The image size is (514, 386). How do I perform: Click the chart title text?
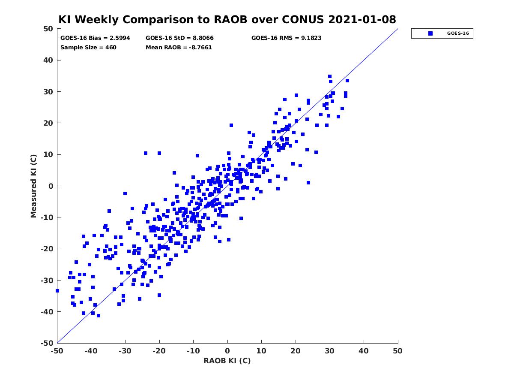pyautogui.click(x=227, y=19)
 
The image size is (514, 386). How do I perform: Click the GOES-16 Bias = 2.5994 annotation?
pyautogui.click(x=95, y=38)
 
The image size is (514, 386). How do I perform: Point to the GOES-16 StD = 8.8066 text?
pyautogui.click(x=179, y=38)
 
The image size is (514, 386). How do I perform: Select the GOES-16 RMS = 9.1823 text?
pyautogui.click(x=286, y=38)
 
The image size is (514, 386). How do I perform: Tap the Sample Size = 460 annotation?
pyautogui.click(x=88, y=47)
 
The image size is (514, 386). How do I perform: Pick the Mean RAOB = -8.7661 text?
pyautogui.click(x=179, y=47)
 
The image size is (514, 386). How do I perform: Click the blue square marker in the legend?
pyautogui.click(x=430, y=33)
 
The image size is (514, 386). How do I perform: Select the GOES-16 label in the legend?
pyautogui.click(x=458, y=33)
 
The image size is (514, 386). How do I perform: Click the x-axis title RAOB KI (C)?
pyautogui.click(x=227, y=361)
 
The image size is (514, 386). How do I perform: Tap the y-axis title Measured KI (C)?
pyautogui.click(x=33, y=186)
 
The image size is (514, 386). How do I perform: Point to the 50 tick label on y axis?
pyautogui.click(x=48, y=29)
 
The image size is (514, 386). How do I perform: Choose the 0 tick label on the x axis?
pyautogui.click(x=227, y=351)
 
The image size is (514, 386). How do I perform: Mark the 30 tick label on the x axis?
pyautogui.click(x=329, y=351)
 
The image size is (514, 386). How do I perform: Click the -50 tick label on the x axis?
pyautogui.click(x=57, y=351)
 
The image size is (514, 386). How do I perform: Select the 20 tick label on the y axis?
pyautogui.click(x=48, y=123)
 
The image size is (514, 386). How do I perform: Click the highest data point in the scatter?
pyautogui.click(x=330, y=76)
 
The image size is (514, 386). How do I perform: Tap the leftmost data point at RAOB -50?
pyautogui.click(x=57, y=291)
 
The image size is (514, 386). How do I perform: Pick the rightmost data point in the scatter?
pyautogui.click(x=347, y=81)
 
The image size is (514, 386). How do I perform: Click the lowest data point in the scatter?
pyautogui.click(x=99, y=316)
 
